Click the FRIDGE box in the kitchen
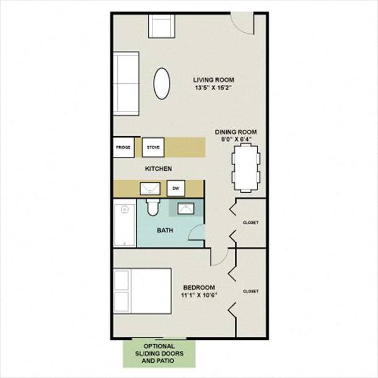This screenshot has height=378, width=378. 123,147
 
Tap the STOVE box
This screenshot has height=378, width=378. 153,147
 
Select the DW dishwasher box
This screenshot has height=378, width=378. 176,188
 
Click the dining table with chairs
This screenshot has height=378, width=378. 244,166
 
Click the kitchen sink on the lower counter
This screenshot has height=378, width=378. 150,188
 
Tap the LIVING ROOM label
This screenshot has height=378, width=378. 214,79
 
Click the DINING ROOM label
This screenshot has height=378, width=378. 236,132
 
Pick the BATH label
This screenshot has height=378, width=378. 166,230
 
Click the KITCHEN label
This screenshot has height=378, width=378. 159,169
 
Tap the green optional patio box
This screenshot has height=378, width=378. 159,355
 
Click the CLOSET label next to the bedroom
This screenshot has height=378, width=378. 251,291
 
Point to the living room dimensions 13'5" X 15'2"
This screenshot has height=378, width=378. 214,88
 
